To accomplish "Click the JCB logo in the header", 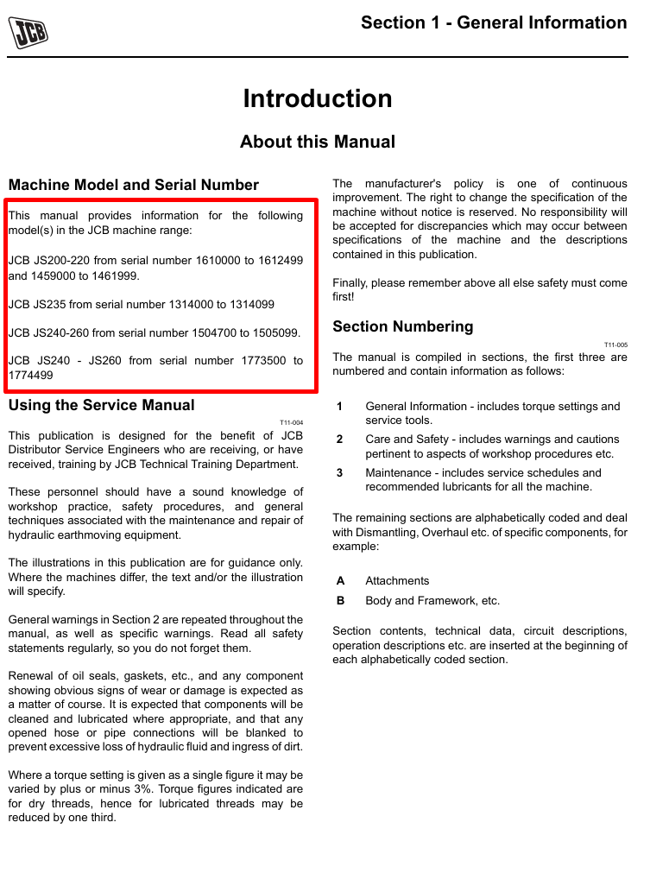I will coord(28,33).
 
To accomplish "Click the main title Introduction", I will coord(318,98).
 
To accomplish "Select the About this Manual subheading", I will coord(318,142).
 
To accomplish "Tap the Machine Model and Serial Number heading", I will coord(133,185).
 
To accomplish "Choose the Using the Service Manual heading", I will coord(101,405).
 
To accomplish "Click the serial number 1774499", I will coord(30,376).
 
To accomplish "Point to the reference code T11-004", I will coord(291,422).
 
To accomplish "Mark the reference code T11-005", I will coord(615,345).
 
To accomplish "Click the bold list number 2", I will coord(340,440).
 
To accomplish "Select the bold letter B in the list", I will coord(340,601).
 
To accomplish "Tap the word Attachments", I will coord(397,581).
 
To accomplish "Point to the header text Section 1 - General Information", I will coord(494,23).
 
